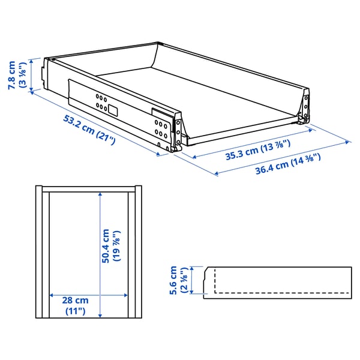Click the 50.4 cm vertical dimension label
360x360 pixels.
pyautogui.click(x=110, y=246)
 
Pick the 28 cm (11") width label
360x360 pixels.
pyautogui.click(x=76, y=305)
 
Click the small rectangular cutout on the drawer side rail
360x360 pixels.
pyautogui.click(x=112, y=110)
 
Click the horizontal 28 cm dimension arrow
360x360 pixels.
pyautogui.click(x=89, y=296)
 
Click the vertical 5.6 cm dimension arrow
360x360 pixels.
pyautogui.click(x=191, y=281)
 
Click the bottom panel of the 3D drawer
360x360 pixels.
pyautogui.click(x=204, y=90)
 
